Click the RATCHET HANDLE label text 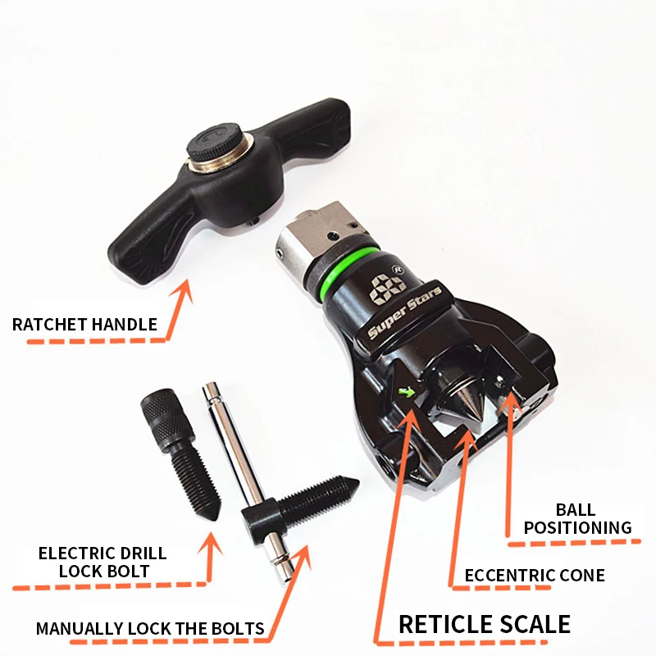click(84, 325)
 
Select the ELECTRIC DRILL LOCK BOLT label click(102, 562)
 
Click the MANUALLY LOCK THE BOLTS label click(150, 629)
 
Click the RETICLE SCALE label click(485, 624)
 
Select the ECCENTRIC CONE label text click(535, 576)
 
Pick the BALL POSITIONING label click(577, 519)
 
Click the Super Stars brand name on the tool click(404, 312)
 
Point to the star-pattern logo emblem click(387, 288)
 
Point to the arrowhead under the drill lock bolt click(212, 543)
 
